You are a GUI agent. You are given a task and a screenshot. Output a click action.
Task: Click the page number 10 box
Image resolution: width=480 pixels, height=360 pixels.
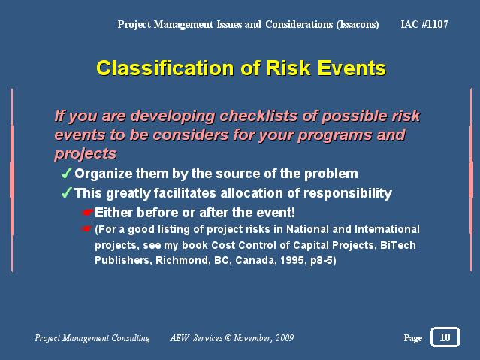445,337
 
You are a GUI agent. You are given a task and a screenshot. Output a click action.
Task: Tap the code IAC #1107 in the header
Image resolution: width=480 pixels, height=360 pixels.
424,24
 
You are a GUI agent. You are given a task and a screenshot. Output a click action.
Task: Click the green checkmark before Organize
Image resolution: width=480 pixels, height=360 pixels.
66,173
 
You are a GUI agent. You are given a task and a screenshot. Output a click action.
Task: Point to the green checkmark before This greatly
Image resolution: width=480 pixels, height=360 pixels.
66,192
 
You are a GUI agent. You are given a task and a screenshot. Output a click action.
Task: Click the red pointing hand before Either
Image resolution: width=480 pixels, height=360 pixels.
88,213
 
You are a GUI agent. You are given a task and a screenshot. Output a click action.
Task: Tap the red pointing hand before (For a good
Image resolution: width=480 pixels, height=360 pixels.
87,229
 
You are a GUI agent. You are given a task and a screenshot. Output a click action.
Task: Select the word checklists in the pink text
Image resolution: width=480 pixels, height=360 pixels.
258,116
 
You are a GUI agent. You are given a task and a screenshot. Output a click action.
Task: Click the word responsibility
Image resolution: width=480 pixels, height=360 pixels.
348,194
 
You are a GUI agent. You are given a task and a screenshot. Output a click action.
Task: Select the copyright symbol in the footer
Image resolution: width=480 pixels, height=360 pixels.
228,338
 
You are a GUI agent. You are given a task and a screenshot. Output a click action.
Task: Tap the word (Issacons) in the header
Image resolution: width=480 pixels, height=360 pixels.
358,25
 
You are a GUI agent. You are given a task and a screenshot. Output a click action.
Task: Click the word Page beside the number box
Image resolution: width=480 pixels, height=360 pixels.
413,338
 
